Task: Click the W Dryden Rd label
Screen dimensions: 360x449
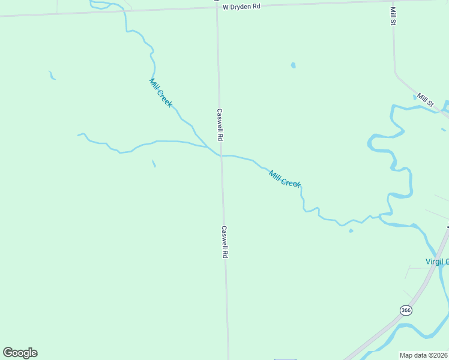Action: (241, 7)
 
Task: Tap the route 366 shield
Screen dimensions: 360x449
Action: (406, 310)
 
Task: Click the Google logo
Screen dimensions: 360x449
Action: (20, 353)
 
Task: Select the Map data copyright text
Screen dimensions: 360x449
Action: (424, 355)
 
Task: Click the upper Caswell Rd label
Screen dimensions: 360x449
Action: (220, 124)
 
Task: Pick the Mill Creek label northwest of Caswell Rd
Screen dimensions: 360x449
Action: (161, 93)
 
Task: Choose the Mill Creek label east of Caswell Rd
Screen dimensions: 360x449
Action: (285, 179)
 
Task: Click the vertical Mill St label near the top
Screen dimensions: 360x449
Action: (393, 16)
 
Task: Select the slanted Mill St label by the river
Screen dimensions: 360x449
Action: (426, 100)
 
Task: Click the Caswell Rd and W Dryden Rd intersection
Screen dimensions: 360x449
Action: (217, 8)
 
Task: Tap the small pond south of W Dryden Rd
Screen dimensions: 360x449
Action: (293, 65)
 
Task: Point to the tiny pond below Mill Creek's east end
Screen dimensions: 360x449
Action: (351, 230)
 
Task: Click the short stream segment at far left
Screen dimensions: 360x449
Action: (52, 76)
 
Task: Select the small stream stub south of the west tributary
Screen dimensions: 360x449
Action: (154, 163)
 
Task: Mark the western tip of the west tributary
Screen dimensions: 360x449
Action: (79, 135)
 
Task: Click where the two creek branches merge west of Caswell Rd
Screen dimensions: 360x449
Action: (208, 146)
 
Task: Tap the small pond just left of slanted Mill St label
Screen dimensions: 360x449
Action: (415, 96)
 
